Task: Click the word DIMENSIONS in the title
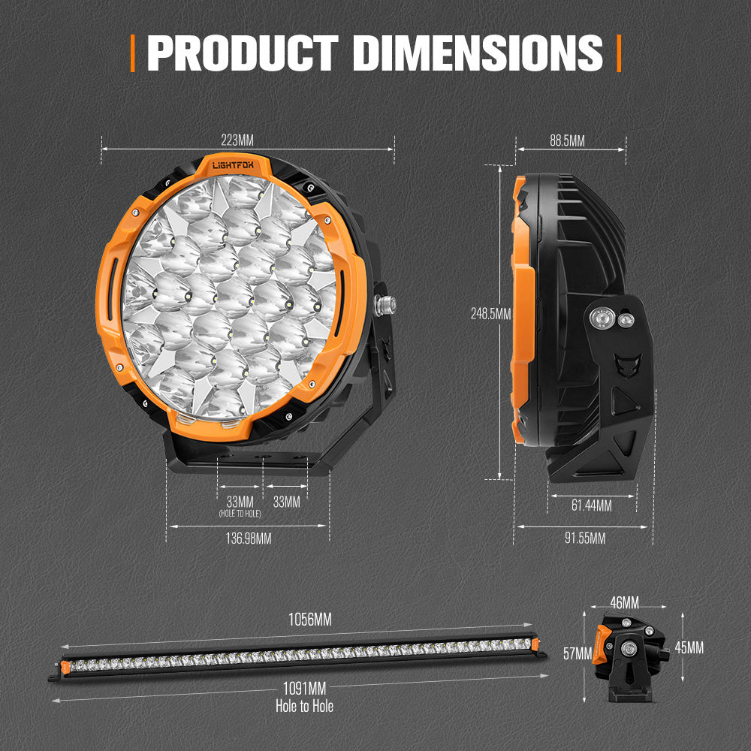pyautogui.click(x=478, y=53)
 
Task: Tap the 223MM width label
pyautogui.click(x=237, y=140)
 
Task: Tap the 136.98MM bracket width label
pyautogui.click(x=247, y=538)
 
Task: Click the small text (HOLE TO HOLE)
pyautogui.click(x=240, y=513)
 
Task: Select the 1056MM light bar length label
pyautogui.click(x=310, y=620)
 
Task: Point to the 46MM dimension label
pyautogui.click(x=624, y=602)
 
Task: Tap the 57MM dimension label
pyautogui.click(x=578, y=653)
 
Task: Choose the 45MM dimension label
pyautogui.click(x=689, y=647)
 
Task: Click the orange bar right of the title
pyautogui.click(x=619, y=53)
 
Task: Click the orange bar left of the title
pyautogui.click(x=133, y=53)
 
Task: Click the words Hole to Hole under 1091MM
pyautogui.click(x=304, y=706)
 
